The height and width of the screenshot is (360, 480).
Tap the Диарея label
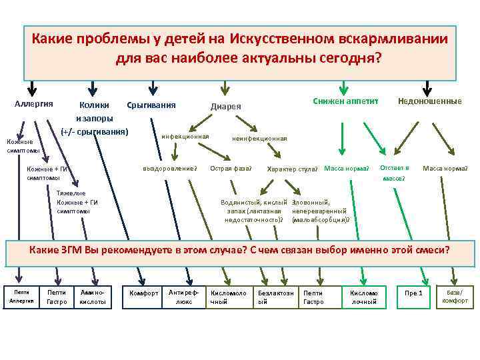point(226,107)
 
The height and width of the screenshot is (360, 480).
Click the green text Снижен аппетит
point(345,101)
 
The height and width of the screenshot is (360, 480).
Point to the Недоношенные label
point(429,101)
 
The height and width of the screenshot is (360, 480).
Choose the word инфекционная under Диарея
point(185,137)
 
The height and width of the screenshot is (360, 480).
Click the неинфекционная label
point(259,139)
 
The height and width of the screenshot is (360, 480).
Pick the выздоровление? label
point(170,168)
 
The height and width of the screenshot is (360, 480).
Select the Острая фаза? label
point(231,168)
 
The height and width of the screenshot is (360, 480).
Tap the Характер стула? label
point(293,169)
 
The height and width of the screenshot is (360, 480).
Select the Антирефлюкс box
point(182,297)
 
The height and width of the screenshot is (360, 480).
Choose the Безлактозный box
point(275,297)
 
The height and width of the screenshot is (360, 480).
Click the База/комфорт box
point(454,296)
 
